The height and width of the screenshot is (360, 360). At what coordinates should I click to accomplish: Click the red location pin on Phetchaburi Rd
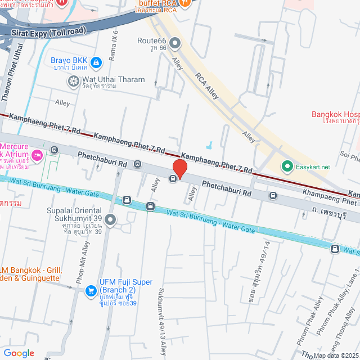(x=179, y=168)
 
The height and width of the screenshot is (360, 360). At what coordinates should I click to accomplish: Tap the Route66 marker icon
(x=175, y=42)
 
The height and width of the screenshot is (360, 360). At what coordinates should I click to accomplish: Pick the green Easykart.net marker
(x=287, y=166)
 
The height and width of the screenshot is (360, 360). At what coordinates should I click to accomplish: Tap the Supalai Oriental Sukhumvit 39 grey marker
(x=110, y=219)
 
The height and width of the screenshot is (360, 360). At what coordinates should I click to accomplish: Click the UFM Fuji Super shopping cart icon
(x=90, y=290)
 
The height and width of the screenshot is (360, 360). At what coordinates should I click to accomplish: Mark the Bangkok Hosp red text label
(x=335, y=115)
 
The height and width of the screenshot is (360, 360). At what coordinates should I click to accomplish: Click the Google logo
(x=19, y=353)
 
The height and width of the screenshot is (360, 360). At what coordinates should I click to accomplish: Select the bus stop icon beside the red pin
(x=173, y=179)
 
